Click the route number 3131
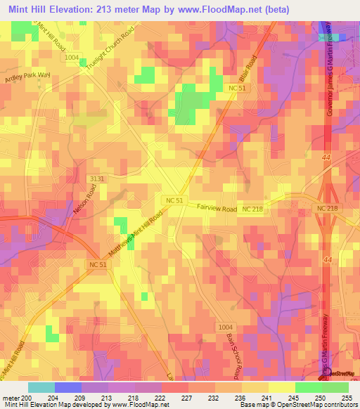(x=97, y=180)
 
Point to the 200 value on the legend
(x=27, y=397)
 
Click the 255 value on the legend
(x=349, y=397)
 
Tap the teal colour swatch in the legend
(x=41, y=387)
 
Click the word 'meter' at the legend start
(x=11, y=397)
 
